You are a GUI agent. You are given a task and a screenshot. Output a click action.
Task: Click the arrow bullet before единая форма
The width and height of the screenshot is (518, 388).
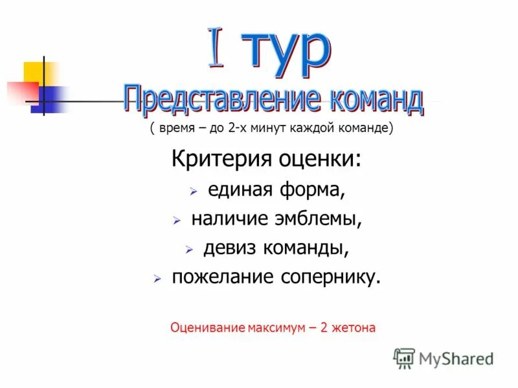click(x=193, y=192)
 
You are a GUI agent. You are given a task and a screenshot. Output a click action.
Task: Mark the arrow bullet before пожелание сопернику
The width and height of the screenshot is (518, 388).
click(x=157, y=279)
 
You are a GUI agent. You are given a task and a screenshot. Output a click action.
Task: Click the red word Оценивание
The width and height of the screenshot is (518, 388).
click(x=207, y=328)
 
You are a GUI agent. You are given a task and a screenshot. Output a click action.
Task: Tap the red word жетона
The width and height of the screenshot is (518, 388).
click(x=354, y=328)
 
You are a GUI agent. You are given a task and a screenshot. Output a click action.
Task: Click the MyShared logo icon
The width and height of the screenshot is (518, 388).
click(x=403, y=358)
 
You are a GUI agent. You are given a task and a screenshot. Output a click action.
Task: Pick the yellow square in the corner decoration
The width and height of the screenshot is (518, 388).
click(x=34, y=72)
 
